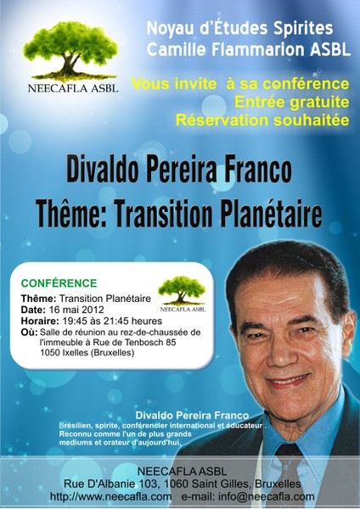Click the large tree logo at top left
click(70, 51)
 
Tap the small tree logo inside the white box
click(182, 290)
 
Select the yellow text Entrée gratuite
click(292, 102)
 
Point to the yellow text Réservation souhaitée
click(262, 120)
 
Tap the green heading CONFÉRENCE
click(59, 283)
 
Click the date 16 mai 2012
click(76, 310)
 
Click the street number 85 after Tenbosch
click(171, 343)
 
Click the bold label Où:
click(29, 333)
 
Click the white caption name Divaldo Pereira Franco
click(192, 415)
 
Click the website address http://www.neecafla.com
click(110, 496)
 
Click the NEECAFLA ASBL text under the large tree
click(73, 88)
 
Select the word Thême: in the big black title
click(71, 213)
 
